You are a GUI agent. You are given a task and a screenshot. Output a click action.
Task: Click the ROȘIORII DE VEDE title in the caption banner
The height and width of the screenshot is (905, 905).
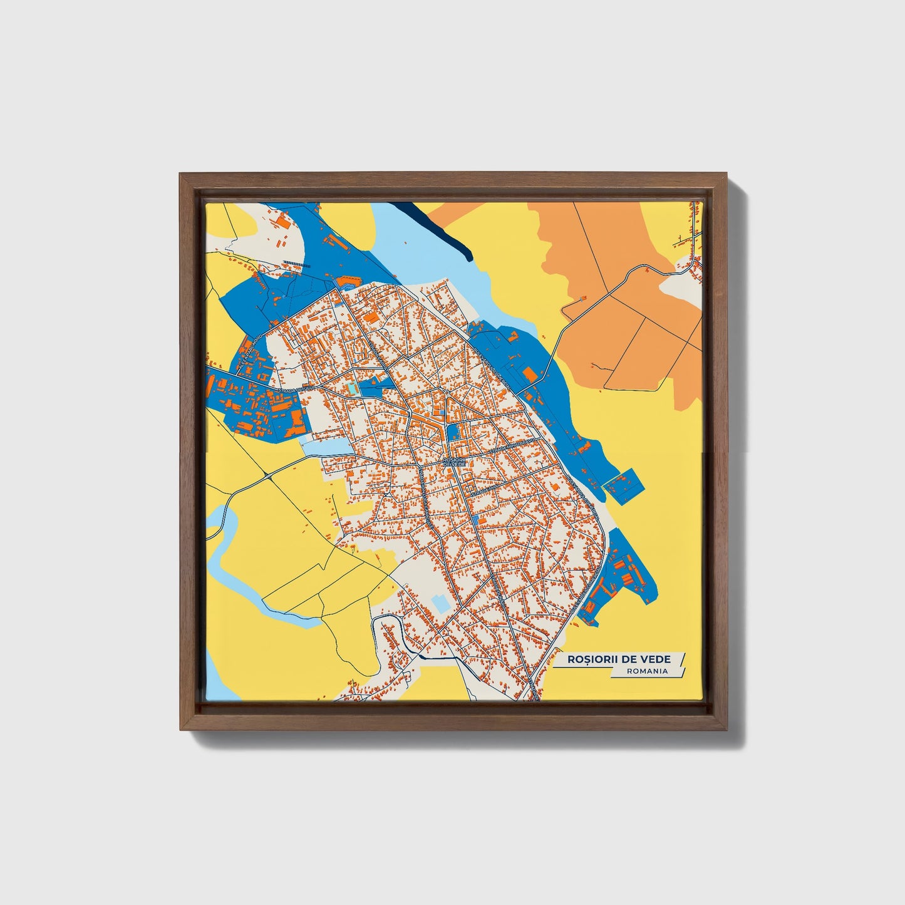618,659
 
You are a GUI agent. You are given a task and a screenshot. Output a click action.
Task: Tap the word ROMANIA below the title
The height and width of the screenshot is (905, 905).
646,671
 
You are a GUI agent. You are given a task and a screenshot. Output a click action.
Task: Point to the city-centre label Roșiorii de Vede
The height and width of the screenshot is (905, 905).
454,462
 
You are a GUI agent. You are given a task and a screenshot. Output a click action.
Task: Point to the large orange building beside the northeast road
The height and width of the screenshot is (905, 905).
529,375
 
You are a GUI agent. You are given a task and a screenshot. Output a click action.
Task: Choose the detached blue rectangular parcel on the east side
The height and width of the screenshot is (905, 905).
622,485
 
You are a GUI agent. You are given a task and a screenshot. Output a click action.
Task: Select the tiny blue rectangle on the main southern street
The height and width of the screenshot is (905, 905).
479,520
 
